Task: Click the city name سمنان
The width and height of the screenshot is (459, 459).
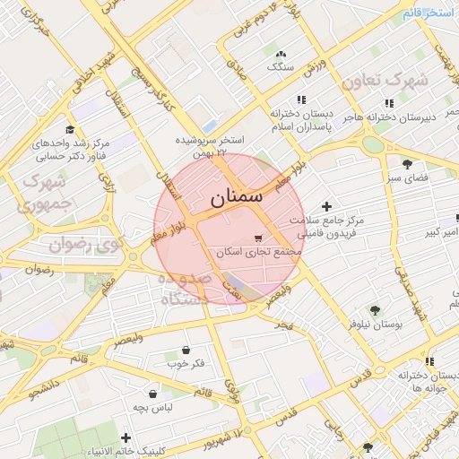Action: click(x=238, y=198)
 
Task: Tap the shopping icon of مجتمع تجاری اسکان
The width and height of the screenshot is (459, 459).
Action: click(x=258, y=238)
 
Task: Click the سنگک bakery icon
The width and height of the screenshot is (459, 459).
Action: click(x=281, y=54)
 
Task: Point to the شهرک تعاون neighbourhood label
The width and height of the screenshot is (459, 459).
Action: click(x=385, y=80)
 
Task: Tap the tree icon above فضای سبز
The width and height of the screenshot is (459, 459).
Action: click(x=408, y=163)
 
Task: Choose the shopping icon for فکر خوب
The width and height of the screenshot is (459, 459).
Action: click(x=186, y=350)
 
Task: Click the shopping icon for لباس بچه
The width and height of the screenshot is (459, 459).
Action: click(x=153, y=393)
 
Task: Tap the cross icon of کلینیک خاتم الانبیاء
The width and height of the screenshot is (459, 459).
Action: click(x=126, y=437)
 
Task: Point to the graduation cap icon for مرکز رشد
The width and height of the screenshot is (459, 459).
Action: click(x=70, y=130)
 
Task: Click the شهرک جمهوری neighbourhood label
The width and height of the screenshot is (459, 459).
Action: click(x=43, y=193)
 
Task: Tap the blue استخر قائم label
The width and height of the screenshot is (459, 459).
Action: click(x=431, y=12)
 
